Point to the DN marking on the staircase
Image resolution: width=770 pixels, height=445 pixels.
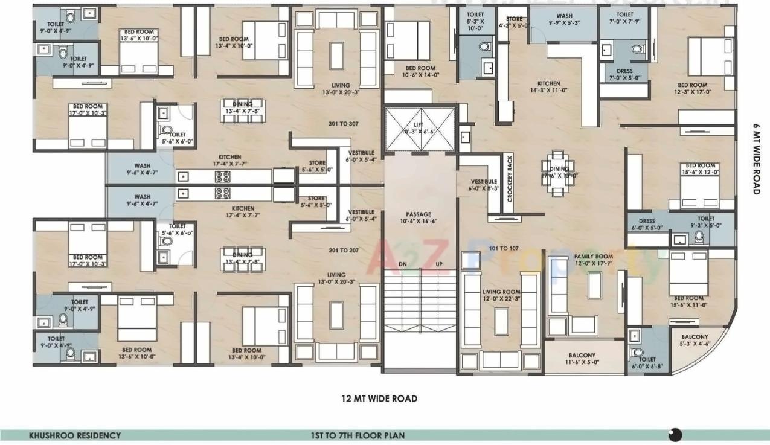403,264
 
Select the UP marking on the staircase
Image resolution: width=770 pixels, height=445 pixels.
438,264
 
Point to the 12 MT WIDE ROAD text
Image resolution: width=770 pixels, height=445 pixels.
379,399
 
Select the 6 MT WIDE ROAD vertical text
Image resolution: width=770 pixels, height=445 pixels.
756,158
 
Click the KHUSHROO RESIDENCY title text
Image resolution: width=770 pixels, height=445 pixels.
75,435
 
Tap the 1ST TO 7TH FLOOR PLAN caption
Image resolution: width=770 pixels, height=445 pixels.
354,435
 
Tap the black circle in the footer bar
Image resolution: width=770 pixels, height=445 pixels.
675,435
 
